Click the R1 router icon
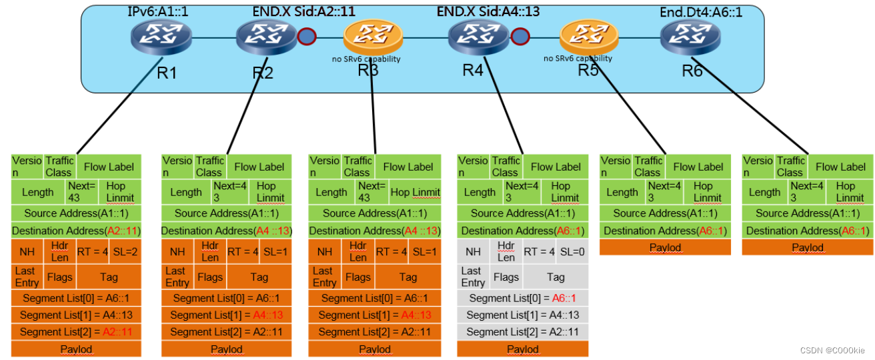coord(161,38)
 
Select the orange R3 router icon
coord(373,37)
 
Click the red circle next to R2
coord(307,36)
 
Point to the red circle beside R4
coord(520,36)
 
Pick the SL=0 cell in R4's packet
coord(571,252)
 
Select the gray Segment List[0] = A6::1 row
coord(523,299)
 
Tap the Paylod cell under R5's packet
coord(665,248)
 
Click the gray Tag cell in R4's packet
coord(555,277)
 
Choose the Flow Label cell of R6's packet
coord(840,167)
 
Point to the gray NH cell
coord(473,252)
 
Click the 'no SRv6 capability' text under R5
coord(578,59)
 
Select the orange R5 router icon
coord(588,37)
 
